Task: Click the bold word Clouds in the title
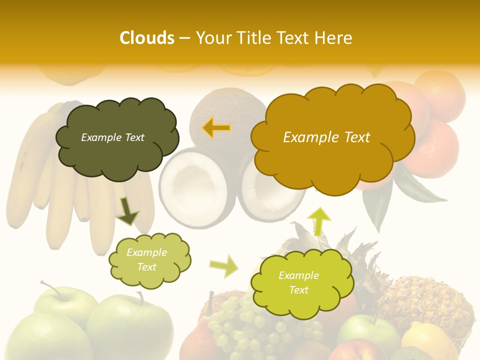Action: coord(147,38)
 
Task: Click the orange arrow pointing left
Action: coord(216,128)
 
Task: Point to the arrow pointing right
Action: coord(224,266)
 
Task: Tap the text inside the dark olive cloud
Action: coord(112,137)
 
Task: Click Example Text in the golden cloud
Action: coord(326,137)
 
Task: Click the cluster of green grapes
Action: coord(245,325)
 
